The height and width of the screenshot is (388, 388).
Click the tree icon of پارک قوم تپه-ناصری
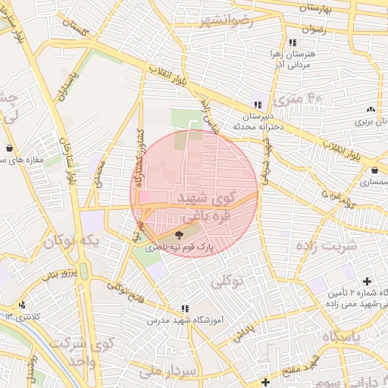(179, 236)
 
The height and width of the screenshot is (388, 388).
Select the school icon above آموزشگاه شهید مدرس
(184, 308)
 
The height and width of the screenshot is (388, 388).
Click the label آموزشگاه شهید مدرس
(187, 321)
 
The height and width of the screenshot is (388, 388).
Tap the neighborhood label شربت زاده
(328, 246)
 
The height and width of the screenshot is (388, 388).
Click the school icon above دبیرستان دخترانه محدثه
(258, 105)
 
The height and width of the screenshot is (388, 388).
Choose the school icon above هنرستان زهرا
(293, 42)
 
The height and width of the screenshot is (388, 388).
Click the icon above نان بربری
(371, 110)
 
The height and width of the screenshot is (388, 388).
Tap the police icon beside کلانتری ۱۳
(9, 315)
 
